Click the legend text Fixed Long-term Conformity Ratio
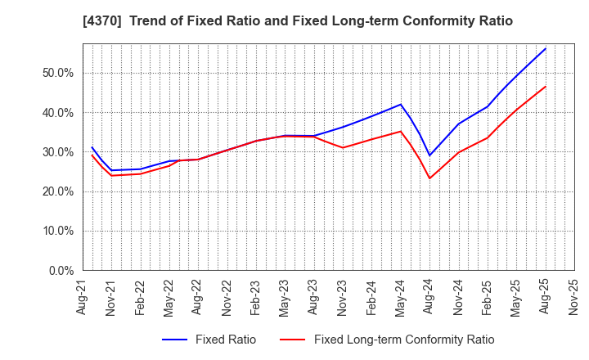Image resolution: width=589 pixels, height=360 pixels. pos(404,340)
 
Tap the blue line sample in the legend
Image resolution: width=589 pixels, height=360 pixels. pos(178,340)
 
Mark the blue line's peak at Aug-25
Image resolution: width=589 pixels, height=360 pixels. pos(546,48)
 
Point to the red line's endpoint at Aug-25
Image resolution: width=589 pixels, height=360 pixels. pos(546,86)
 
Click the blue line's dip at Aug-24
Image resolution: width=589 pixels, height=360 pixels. pos(429,155)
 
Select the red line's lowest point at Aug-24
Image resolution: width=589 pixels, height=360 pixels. pos(429,178)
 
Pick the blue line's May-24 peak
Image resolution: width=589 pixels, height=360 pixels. pos(401,104)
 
